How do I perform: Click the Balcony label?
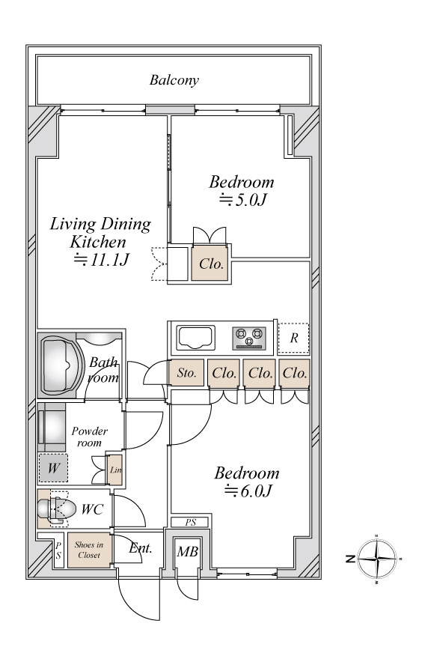[174, 80]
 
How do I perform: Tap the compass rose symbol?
[376, 559]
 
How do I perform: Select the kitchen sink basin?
[195, 338]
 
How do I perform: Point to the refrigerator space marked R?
[293, 338]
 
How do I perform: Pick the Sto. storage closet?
[186, 373]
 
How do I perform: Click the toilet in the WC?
[56, 508]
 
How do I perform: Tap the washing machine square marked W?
[53, 468]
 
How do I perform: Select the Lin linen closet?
[114, 470]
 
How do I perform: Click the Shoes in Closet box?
[89, 550]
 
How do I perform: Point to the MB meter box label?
[188, 551]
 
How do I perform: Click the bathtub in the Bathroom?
[60, 365]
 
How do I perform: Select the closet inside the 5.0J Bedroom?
[210, 264]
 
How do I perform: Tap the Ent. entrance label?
[140, 548]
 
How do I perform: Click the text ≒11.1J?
[101, 259]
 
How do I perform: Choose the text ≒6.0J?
[248, 491]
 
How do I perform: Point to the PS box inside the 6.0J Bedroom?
[190, 523]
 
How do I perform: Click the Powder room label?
[89, 437]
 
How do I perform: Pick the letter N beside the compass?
[350, 559]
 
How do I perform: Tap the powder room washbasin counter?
[52, 428]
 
